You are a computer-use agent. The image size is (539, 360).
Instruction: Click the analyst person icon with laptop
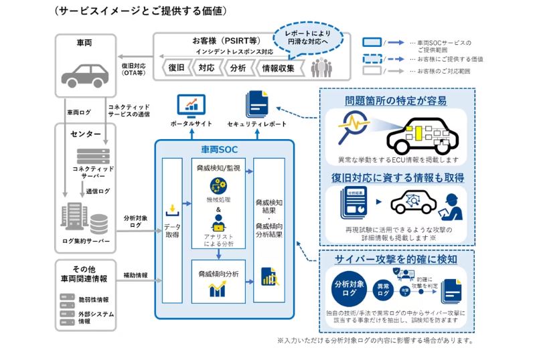218,222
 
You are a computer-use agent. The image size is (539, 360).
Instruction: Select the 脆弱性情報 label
94,299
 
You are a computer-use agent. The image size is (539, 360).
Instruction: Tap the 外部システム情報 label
94,317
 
